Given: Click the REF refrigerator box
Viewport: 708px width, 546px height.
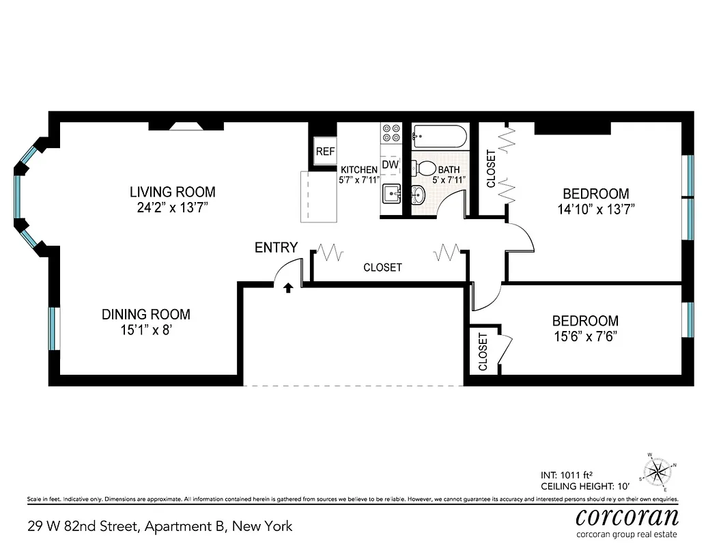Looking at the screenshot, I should point(324,152).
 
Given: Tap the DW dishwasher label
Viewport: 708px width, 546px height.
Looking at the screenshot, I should point(390,164).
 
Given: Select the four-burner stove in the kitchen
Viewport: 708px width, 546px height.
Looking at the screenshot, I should point(391,132).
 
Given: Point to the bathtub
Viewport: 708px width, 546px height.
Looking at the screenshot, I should point(440,136).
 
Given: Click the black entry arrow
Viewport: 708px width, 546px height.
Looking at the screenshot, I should point(288,288).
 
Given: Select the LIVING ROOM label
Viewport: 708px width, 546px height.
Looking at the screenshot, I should point(173,192).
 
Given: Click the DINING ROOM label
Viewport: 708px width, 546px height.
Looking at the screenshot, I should point(146,315).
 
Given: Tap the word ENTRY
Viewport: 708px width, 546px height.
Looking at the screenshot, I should point(276,248).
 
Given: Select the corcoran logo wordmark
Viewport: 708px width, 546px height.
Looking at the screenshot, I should point(627,516).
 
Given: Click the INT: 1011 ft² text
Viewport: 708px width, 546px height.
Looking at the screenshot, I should point(566,474).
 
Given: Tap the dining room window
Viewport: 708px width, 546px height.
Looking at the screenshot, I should point(53,331).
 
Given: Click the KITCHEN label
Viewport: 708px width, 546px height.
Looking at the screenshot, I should point(359,170).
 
